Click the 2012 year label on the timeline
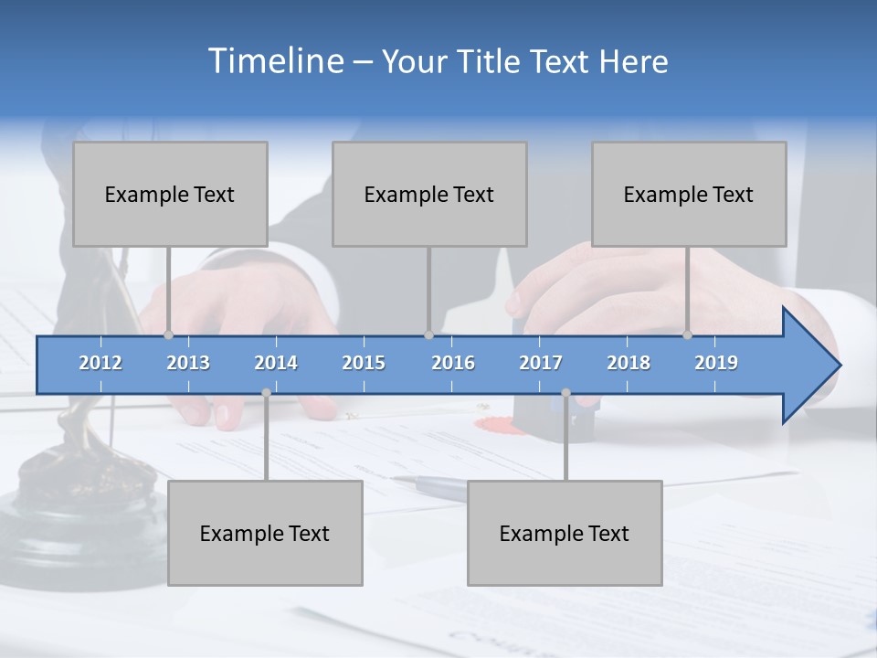coord(100,363)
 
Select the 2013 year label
coord(188,363)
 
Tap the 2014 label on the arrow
coord(276,363)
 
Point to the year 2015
coord(364,363)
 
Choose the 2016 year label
coord(453,363)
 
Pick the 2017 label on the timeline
coord(541,363)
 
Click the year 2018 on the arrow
coord(629,363)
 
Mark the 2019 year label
coord(716,363)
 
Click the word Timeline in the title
coord(274,61)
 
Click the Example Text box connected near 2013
coord(170,194)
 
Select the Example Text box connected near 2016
coord(429,194)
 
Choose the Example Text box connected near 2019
coord(689,194)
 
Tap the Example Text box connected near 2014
coord(265,533)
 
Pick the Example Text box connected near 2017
coord(565,533)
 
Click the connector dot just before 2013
coord(169,334)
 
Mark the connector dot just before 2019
coord(688,334)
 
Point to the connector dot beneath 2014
coord(266,392)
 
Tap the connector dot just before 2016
coord(428,334)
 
